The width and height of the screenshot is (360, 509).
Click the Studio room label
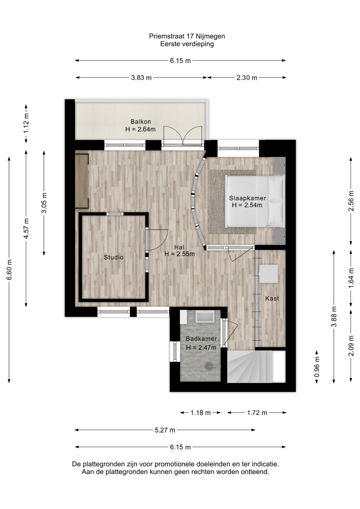(x=114, y=257)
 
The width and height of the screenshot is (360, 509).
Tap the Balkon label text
(x=141, y=121)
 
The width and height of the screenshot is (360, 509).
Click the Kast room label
(x=272, y=298)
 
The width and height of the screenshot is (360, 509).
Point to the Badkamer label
(x=201, y=339)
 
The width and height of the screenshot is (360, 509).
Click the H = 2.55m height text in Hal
(x=179, y=254)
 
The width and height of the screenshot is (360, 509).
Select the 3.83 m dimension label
(x=141, y=78)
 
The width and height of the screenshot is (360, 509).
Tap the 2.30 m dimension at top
(x=247, y=78)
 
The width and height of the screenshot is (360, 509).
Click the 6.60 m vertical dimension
(x=9, y=270)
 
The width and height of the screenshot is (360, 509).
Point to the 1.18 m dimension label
(x=200, y=413)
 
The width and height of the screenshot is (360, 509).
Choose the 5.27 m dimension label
(x=165, y=430)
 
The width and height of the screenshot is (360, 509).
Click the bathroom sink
(x=205, y=317)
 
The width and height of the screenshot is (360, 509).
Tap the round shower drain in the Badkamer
(x=209, y=366)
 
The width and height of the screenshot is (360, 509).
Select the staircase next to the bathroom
(x=249, y=367)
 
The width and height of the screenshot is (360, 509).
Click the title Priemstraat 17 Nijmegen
(x=187, y=36)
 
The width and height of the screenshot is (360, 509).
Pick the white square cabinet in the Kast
(x=268, y=274)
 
